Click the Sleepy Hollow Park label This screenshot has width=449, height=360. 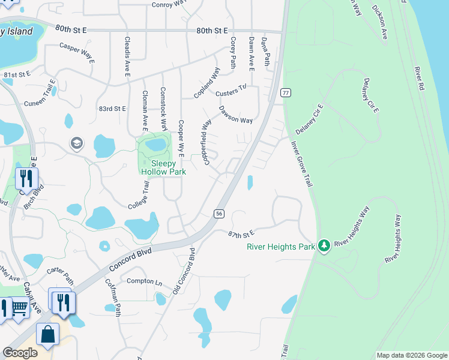coord(163,167)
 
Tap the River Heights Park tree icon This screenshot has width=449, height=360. coord(324,245)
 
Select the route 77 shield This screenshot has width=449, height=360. coord(286,92)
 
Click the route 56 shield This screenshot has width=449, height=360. coord(219,214)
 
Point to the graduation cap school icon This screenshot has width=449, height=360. coord(77,143)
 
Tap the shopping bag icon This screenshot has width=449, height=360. coord(47,334)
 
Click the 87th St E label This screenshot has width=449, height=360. coord(241,233)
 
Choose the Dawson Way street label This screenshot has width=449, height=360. coord(235,115)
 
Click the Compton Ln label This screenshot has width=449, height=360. coord(142,282)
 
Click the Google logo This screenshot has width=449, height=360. coord(20,353)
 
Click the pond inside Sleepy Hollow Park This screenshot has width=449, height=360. coord(155,145)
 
